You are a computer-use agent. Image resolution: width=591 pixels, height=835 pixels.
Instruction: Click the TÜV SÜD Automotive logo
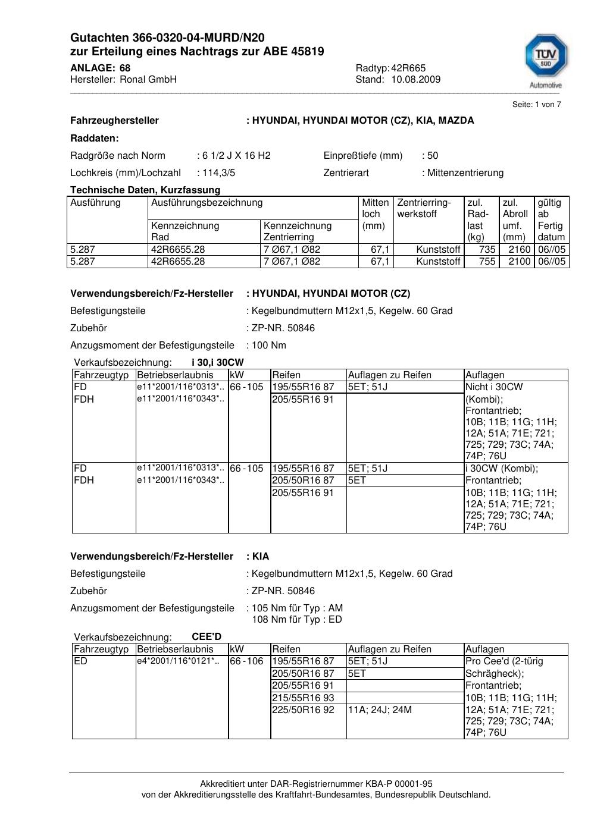pyautogui.click(x=545, y=59)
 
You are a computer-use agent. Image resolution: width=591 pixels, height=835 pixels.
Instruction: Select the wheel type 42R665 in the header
pyautogui.click(x=408, y=68)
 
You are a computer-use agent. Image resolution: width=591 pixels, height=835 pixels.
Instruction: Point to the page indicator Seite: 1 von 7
pyautogui.click(x=536, y=105)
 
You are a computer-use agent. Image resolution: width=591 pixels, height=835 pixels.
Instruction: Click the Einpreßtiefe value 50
pyautogui.click(x=433, y=156)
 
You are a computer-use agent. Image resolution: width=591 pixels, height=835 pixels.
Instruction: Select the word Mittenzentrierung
pyautogui.click(x=465, y=173)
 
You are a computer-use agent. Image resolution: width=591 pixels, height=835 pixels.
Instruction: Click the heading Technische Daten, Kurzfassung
pyautogui.click(x=145, y=190)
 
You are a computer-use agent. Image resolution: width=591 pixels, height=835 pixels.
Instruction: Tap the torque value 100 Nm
pyautogui.click(x=269, y=346)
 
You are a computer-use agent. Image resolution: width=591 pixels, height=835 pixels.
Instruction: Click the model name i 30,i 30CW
pyautogui.click(x=217, y=363)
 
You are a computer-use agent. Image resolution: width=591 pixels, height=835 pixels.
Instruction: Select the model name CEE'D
pyautogui.click(x=207, y=637)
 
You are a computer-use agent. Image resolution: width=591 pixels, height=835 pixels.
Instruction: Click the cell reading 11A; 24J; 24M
pyautogui.click(x=380, y=710)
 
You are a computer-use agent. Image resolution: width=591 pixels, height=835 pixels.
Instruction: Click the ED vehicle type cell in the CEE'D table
pyautogui.click(x=80, y=661)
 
